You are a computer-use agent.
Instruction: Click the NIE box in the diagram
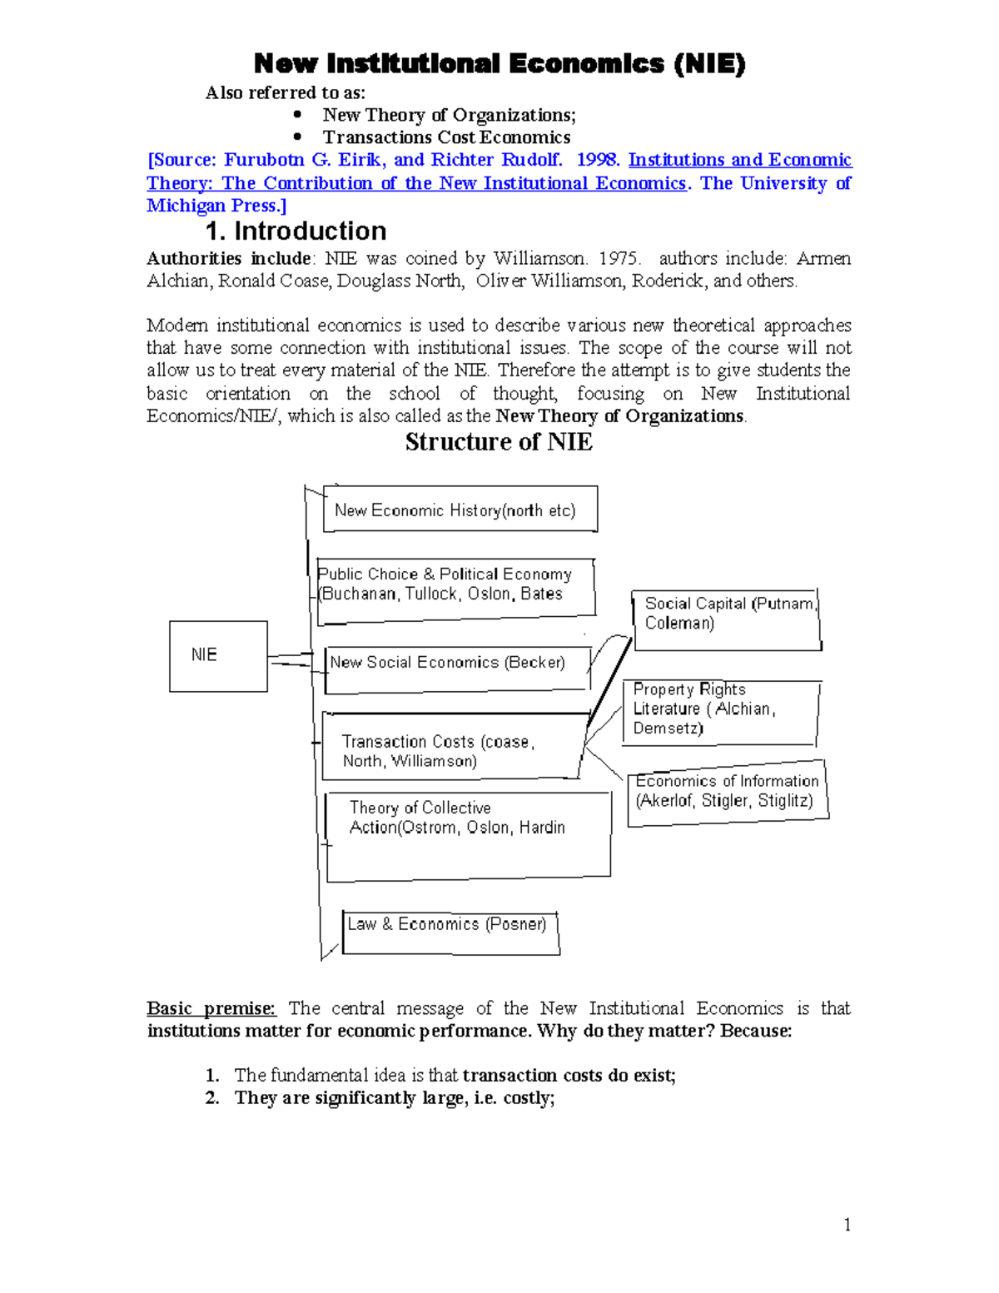click(x=218, y=656)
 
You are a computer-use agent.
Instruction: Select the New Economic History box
click(x=460, y=510)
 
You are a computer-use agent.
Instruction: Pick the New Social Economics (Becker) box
click(x=456, y=669)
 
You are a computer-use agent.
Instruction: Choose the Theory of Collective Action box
click(x=468, y=835)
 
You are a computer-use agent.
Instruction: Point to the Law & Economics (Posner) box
click(x=450, y=932)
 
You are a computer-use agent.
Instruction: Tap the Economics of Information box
click(x=727, y=793)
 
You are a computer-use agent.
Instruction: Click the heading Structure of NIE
click(x=499, y=442)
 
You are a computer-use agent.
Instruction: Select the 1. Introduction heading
click(x=296, y=231)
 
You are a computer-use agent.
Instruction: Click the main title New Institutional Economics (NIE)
click(x=499, y=63)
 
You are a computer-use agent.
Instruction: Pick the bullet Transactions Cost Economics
click(x=446, y=137)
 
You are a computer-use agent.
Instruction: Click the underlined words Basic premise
click(x=211, y=1008)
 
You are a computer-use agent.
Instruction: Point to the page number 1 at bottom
click(x=847, y=1224)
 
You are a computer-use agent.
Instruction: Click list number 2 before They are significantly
click(x=212, y=1098)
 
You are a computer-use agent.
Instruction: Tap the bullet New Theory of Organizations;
click(x=449, y=115)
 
